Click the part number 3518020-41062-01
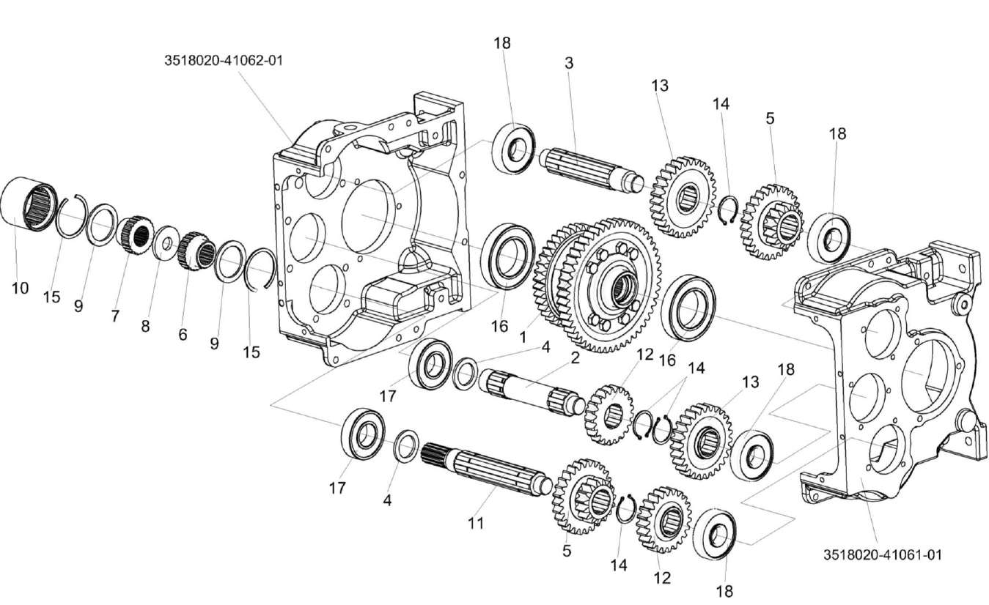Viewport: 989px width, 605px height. (223, 61)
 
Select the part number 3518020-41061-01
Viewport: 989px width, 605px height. (882, 554)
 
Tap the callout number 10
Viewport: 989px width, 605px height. (20, 288)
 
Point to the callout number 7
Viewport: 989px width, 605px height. (115, 316)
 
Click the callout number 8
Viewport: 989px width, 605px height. (145, 327)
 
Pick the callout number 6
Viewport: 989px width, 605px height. (182, 334)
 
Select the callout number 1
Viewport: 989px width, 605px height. (523, 338)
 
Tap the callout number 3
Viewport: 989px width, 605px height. (569, 63)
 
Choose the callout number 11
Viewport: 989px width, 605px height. (476, 523)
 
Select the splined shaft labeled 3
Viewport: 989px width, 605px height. (589, 169)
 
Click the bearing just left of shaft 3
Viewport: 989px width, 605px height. (513, 149)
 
